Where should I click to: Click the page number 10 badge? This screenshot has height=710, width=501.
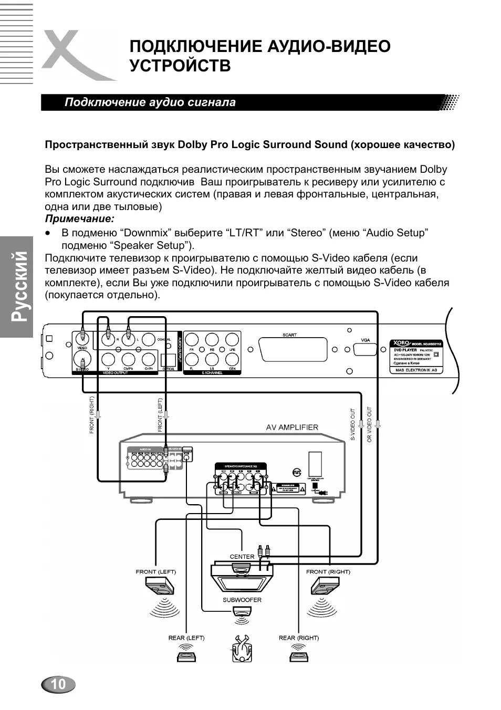coord(58,684)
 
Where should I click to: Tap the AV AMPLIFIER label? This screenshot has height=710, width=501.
coord(291,427)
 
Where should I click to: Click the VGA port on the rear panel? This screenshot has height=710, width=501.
coord(366,350)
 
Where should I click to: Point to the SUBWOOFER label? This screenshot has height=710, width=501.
coord(242,600)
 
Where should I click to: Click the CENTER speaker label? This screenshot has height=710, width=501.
coord(242,556)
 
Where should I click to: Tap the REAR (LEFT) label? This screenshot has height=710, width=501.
coord(186,638)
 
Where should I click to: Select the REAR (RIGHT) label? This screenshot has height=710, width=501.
coord(299,638)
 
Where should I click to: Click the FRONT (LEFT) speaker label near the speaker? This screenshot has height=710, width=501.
coord(156,571)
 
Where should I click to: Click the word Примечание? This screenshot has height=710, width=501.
coord(79,218)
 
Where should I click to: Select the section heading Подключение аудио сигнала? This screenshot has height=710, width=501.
coord(150,102)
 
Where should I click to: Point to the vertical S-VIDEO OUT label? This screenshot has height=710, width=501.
coord(352,424)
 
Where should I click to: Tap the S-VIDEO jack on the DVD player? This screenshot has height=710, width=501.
coord(83,361)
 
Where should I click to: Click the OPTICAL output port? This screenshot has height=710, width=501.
coord(169,359)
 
